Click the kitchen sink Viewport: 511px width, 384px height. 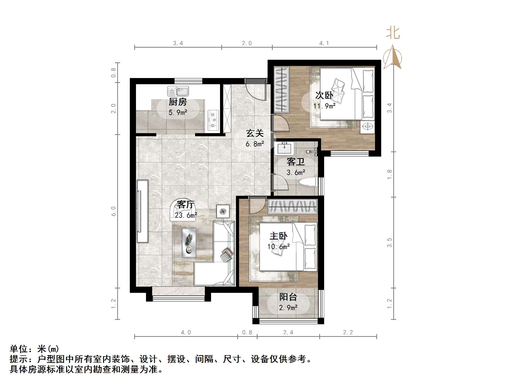click(178, 91)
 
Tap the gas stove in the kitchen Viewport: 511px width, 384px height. click(213, 120)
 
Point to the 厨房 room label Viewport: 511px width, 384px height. click(178, 102)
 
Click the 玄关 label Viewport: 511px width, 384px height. click(255, 133)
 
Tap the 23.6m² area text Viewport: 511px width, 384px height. click(186, 215)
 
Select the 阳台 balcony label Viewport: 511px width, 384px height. click(288, 297)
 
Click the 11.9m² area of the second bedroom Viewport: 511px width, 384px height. click(324, 106)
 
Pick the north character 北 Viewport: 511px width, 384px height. click(393, 33)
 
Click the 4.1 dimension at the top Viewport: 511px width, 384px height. click(324, 43)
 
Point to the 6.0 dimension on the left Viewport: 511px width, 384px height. click(114, 211)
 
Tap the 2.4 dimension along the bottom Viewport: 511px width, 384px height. click(288, 332)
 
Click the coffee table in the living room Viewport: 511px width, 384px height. click(189, 243)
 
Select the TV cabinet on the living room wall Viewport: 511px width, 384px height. click(142, 211)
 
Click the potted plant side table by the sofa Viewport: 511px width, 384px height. click(223, 211)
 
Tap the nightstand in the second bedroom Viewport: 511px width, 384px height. click(368, 127)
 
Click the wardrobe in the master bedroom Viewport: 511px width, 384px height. click(293, 207)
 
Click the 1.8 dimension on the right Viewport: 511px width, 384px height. click(389, 174)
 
